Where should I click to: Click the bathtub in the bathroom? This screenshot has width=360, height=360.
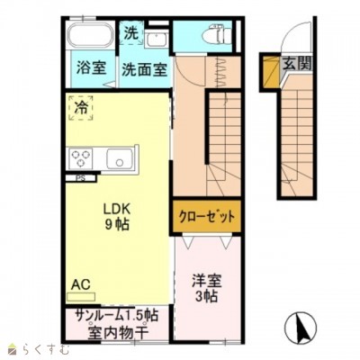click(x=90, y=35)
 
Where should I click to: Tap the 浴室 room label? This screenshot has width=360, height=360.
click(x=91, y=67)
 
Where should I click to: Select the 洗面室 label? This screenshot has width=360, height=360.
click(x=144, y=70)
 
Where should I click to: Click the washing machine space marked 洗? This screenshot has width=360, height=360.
click(x=131, y=33)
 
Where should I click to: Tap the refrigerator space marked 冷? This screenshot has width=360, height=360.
click(x=81, y=108)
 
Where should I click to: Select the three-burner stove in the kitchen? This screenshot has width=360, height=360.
click(x=80, y=158)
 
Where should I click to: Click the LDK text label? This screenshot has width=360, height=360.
click(x=116, y=209)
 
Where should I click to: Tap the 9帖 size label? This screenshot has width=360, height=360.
click(x=117, y=224)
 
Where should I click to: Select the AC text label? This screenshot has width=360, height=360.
click(x=81, y=284)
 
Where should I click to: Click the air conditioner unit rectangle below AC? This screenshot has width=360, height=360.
click(x=81, y=297)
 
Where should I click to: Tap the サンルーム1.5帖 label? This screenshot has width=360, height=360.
click(x=117, y=316)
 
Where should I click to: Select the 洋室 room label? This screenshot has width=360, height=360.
click(x=207, y=281)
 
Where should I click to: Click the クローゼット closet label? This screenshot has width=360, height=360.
click(x=207, y=217)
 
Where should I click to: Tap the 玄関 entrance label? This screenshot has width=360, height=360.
click(x=296, y=64)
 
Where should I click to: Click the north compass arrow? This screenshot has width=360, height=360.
click(x=301, y=327)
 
